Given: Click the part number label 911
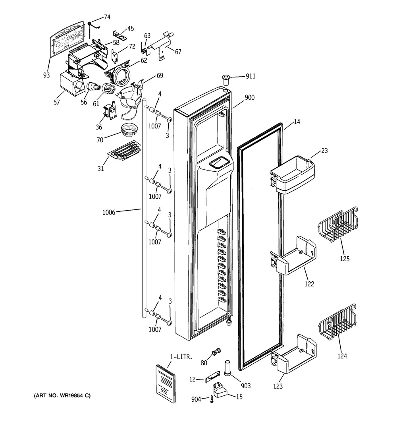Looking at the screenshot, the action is click(x=251, y=76).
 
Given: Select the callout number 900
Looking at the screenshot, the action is click(x=250, y=97).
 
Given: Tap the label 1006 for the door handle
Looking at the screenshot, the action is click(x=108, y=212).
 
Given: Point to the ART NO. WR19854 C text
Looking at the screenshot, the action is click(x=62, y=396).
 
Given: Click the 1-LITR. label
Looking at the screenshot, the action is click(x=181, y=357).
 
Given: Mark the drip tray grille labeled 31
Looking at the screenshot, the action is click(x=124, y=150).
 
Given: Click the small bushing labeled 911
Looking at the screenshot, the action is click(x=226, y=80).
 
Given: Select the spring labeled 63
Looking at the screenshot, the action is click(x=144, y=48).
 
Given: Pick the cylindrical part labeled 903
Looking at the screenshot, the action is click(x=227, y=367).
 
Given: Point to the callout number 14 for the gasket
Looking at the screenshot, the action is click(x=297, y=122).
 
